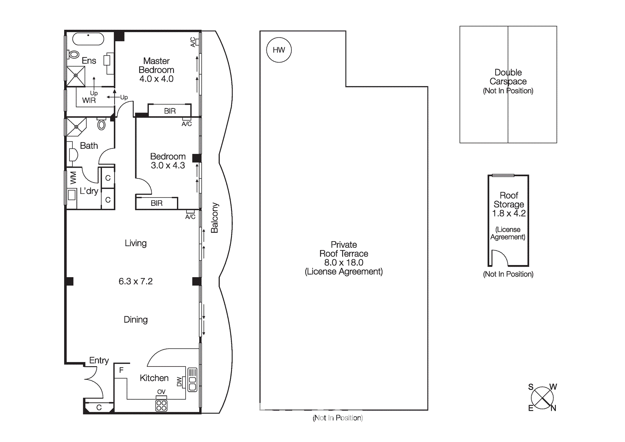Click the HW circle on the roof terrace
(x=279, y=50)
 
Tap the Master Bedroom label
(x=156, y=65)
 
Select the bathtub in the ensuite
(x=88, y=39)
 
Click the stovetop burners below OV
(x=161, y=405)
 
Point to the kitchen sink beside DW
(x=192, y=379)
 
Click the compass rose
(x=542, y=398)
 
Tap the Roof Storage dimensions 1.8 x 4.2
(x=509, y=213)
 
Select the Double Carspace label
(x=508, y=77)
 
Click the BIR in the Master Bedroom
(x=170, y=111)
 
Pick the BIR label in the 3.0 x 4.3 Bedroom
(x=157, y=203)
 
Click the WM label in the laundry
(x=73, y=178)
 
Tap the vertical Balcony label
(x=214, y=218)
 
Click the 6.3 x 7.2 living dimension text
(x=136, y=281)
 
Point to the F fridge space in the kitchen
(x=121, y=370)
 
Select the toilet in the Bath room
(x=101, y=124)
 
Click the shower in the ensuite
(x=76, y=76)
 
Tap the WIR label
(x=89, y=100)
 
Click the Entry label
(x=99, y=360)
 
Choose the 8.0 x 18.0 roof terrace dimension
(x=343, y=263)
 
